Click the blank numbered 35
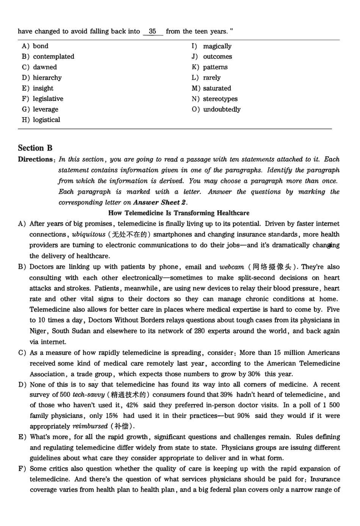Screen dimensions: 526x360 (153, 31)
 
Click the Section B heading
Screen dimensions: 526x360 (35, 148)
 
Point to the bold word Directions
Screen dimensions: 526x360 (36, 160)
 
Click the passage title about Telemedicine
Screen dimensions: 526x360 (179, 213)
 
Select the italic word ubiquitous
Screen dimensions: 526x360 (88, 235)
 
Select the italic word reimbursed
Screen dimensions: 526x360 (90, 427)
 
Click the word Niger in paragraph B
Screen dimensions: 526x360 (38, 331)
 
